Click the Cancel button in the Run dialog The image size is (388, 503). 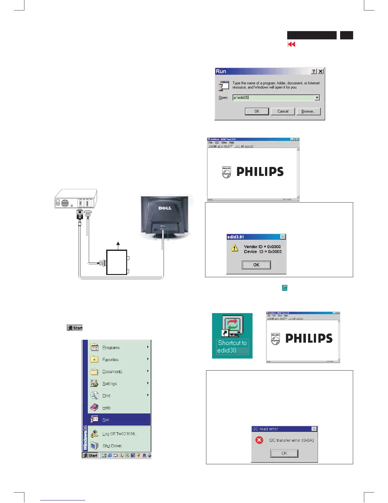pyautogui.click(x=283, y=111)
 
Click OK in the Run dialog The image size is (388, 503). pyautogui.click(x=257, y=111)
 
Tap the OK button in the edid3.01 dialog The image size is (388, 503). pyautogui.click(x=256, y=265)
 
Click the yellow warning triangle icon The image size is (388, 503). pyautogui.click(x=235, y=248)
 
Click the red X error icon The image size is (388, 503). pyautogui.click(x=259, y=440)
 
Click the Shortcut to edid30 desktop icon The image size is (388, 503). pyautogui.click(x=232, y=335)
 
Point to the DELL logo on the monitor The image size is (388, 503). pyautogui.click(x=165, y=208)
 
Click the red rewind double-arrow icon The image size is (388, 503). pyautogui.click(x=291, y=44)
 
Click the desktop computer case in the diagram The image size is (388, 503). pyautogui.click(x=76, y=199)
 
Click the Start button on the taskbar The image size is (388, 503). pyautogui.click(x=90, y=455)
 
